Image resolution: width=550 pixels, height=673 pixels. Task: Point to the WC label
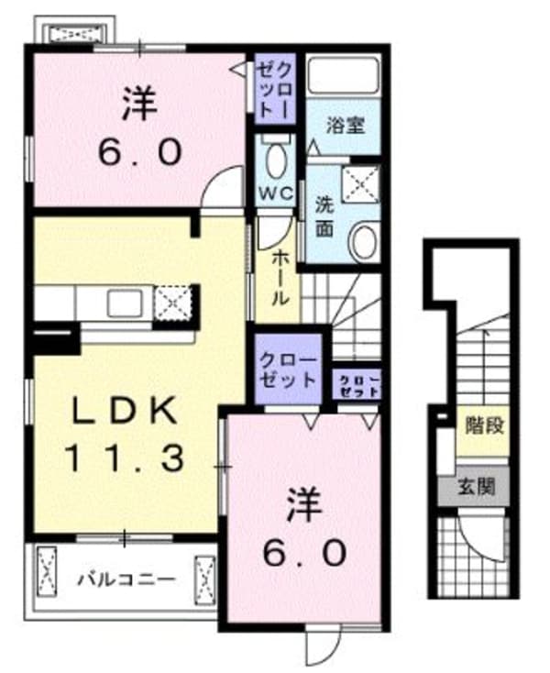click(x=274, y=193)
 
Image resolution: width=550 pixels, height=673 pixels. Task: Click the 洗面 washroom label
click(x=324, y=212)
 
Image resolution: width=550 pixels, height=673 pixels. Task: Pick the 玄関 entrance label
click(x=481, y=486)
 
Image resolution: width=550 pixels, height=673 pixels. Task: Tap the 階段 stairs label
click(x=481, y=425)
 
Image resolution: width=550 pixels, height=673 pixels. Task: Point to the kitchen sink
click(x=124, y=302)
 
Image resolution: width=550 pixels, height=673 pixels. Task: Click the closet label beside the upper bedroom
click(x=276, y=87)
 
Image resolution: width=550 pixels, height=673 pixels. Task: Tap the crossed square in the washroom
click(x=362, y=182)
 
